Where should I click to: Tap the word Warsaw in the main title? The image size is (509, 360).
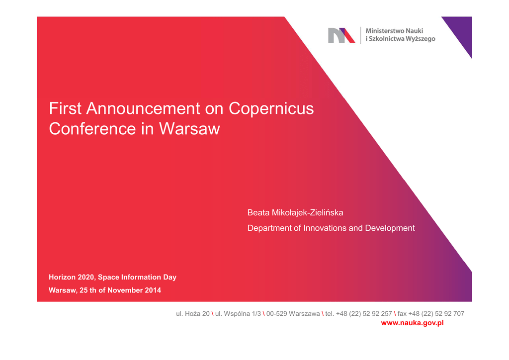[x=189, y=129]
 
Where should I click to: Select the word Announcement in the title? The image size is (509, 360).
[x=143, y=108]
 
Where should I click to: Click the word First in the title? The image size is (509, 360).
[x=65, y=108]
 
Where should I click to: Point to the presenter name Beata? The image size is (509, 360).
[x=258, y=213]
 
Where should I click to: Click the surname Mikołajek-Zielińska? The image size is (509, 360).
[x=307, y=213]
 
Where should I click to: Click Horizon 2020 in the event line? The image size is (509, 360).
[x=72, y=277]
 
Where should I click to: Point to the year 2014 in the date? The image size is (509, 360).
[x=153, y=290]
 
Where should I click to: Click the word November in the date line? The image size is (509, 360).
[x=125, y=290]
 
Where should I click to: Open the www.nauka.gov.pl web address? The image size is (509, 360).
[x=412, y=323]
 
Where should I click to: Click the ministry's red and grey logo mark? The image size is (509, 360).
[x=341, y=35]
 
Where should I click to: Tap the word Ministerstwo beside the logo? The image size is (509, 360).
[x=385, y=31]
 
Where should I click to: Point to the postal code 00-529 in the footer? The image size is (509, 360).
[x=276, y=314]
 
